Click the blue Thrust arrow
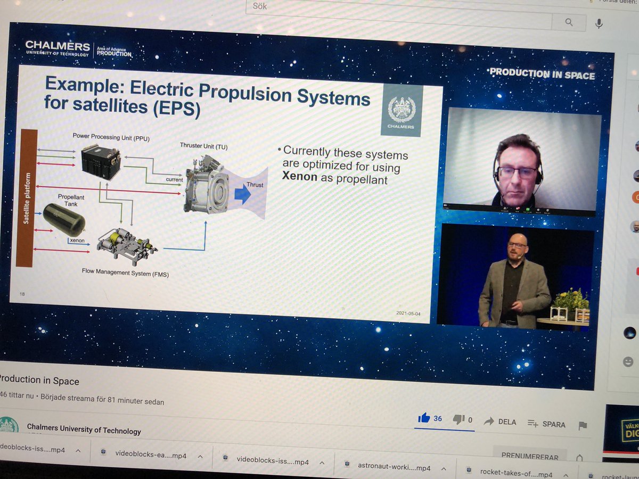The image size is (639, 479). (x=243, y=195)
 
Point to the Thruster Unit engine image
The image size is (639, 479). (x=206, y=184)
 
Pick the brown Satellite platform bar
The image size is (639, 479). (x=27, y=197)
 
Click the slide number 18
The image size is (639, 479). (x=22, y=294)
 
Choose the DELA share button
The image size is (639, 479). (x=500, y=422)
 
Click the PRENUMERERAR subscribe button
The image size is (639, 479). (x=530, y=457)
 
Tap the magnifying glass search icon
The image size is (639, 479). (x=569, y=22)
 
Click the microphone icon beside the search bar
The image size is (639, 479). (x=599, y=23)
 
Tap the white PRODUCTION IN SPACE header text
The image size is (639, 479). (x=542, y=74)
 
